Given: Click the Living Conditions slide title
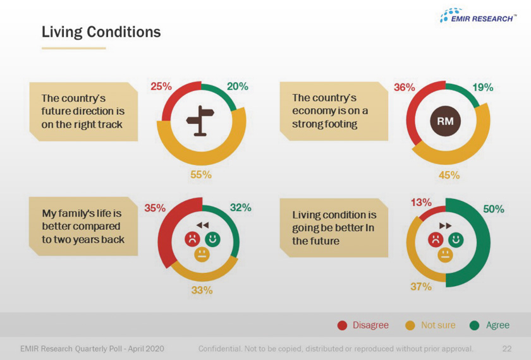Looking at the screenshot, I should point(101,32).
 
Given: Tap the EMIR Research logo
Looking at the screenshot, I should point(477,16).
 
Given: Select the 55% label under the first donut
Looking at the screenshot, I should point(201,175).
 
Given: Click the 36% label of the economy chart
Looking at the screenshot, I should point(405,87).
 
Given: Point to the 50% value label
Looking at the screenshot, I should point(494,209).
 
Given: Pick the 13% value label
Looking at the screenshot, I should point(421,203).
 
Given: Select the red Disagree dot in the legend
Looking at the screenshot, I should point(342,325).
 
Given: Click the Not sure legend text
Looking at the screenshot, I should point(437,325).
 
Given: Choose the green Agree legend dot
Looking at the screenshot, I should point(475,325).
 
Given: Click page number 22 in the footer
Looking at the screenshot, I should point(506,349).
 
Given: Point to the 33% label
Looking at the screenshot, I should point(202,291).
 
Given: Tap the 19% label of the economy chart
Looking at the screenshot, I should point(483,87).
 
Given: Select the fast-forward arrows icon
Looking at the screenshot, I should point(446,225).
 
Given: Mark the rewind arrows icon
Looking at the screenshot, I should point(202,225).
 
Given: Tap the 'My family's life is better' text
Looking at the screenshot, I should point(83,226).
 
